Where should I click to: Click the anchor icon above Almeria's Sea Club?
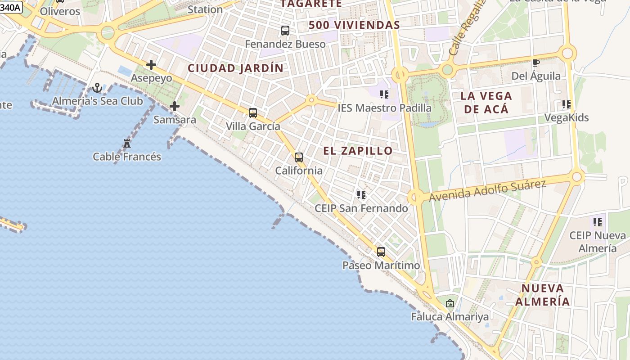[97, 88]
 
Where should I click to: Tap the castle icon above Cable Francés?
[127, 144]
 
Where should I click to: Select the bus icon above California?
[299, 157]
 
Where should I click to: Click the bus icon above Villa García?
[253, 113]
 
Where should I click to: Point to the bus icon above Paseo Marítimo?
[381, 252]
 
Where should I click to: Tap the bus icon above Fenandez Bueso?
[285, 31]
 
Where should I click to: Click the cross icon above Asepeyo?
[151, 65]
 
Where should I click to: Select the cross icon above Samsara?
[175, 106]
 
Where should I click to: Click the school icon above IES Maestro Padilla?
[384, 94]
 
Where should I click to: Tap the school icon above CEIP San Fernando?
[361, 195]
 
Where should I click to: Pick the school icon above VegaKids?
[566, 104]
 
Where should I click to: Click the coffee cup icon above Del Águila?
[535, 63]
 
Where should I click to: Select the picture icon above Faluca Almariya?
[450, 303]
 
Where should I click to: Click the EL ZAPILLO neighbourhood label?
[358, 151]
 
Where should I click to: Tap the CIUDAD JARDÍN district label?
[235, 68]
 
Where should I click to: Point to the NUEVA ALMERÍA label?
[543, 295]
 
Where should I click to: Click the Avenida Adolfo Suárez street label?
[487, 190]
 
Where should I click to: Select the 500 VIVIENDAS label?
[354, 25]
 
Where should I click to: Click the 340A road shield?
[10, 7]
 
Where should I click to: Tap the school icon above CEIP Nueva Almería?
[597, 222]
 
